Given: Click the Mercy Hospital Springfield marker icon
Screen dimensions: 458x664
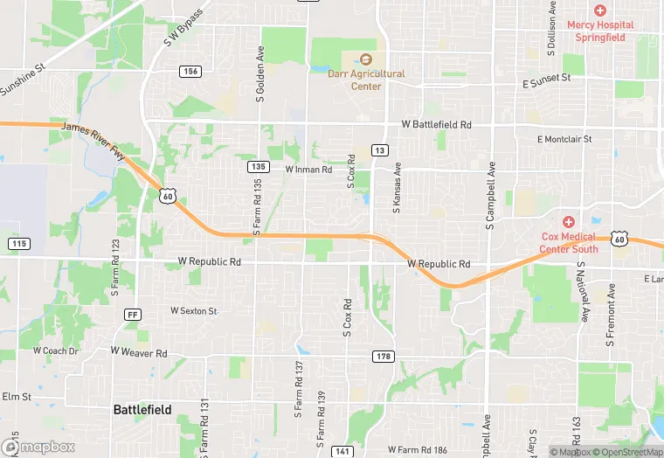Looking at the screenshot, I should (x=599, y=10).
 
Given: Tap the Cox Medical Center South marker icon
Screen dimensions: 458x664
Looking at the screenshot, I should (x=568, y=223).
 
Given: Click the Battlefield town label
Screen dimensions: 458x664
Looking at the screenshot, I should (x=142, y=409).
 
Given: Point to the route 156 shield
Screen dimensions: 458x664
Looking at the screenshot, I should (x=190, y=71).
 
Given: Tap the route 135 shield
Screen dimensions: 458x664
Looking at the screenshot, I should (x=257, y=166).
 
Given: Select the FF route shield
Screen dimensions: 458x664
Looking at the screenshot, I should (x=133, y=314).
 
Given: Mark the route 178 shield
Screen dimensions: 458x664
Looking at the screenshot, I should (x=383, y=356).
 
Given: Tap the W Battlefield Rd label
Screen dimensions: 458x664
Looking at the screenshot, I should (x=436, y=125).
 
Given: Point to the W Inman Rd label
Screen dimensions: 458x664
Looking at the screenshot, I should (x=308, y=170).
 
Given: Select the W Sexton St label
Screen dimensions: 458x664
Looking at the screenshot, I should (x=193, y=310).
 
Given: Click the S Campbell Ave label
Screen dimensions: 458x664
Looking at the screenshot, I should (x=491, y=197).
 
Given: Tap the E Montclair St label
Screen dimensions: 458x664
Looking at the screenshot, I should (x=564, y=139).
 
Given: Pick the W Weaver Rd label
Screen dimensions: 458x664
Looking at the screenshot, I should (x=138, y=352).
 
